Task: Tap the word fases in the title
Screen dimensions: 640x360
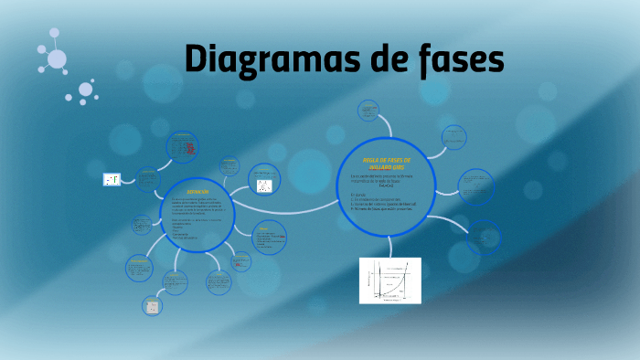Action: tap(456, 60)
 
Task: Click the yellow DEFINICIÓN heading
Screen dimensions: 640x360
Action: tap(197, 192)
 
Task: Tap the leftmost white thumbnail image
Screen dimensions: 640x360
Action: tap(112, 179)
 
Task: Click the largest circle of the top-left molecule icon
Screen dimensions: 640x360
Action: tap(57, 59)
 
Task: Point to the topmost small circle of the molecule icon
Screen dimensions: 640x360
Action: tap(54, 33)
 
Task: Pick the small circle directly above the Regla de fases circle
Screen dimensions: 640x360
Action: tap(368, 114)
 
